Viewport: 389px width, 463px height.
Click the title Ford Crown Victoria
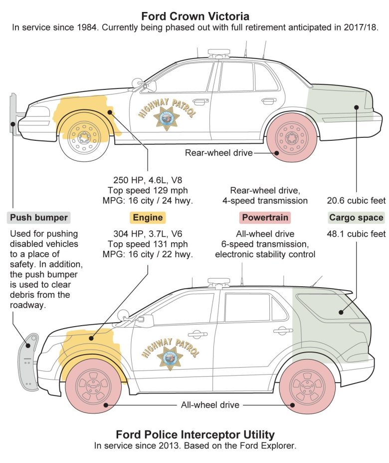pos(194,16)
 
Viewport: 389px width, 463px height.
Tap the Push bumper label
pos(39,217)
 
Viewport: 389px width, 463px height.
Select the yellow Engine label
pos(147,217)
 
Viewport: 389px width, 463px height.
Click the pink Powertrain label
pos(265,217)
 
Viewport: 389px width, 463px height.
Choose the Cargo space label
pos(356,217)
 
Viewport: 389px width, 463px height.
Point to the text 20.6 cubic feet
pos(356,201)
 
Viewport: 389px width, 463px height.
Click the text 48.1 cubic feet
pos(356,234)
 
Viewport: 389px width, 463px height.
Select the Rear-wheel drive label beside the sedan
pos(218,153)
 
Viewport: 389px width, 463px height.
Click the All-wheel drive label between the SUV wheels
pos(210,405)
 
